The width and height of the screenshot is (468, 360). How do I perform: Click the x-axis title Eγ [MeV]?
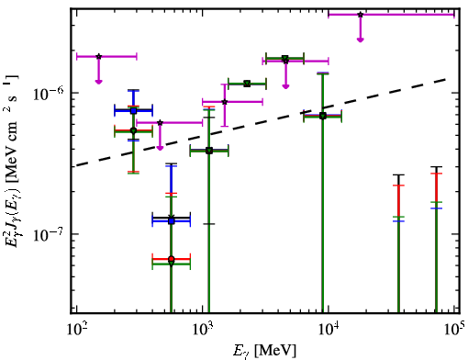(x=264, y=351)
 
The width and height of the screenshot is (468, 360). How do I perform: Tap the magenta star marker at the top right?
(x=361, y=15)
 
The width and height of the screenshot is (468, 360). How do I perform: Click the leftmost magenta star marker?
(x=98, y=56)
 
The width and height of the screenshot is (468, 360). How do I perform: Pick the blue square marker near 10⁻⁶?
(x=133, y=110)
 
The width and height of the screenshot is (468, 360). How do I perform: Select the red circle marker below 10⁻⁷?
(x=172, y=259)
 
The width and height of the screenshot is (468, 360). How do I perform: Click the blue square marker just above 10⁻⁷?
(x=172, y=220)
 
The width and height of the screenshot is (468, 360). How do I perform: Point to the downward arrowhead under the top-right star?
(x=361, y=39)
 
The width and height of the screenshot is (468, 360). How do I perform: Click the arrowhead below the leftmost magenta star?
(x=98, y=82)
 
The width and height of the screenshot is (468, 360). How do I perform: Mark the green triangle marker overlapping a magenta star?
(x=285, y=58)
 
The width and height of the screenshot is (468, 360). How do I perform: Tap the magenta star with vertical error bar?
(x=225, y=102)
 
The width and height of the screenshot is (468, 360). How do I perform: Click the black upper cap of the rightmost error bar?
(x=436, y=167)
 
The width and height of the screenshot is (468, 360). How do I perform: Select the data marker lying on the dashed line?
(x=323, y=116)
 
